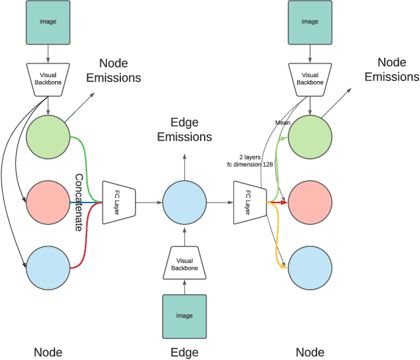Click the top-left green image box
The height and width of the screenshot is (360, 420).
(x=49, y=22)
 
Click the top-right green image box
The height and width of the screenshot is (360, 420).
(x=310, y=22)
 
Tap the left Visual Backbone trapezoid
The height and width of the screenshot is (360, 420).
(x=49, y=78)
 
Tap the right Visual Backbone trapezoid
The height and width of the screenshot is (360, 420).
(x=310, y=78)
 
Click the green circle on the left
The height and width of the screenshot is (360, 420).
(x=49, y=137)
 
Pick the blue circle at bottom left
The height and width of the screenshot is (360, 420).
(x=49, y=267)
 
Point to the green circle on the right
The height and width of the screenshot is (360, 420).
(x=310, y=137)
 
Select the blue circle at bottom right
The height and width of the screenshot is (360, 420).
(x=310, y=267)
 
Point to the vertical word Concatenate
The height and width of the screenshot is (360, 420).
(x=79, y=202)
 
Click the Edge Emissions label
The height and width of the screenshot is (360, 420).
(x=191, y=130)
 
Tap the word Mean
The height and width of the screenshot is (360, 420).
(x=282, y=123)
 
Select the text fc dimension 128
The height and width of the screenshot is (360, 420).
(x=250, y=163)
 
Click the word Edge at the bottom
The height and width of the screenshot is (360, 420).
(x=185, y=352)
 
